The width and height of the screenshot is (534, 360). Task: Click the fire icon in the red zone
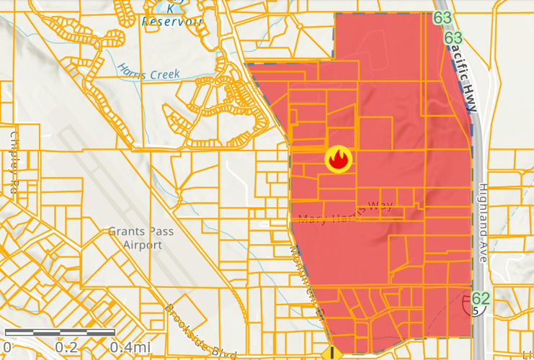[338, 159]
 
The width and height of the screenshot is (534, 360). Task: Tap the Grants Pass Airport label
[134, 238]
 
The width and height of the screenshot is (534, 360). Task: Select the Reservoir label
[172, 22]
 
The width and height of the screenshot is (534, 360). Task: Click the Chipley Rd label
[14, 163]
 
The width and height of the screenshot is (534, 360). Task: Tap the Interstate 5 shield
[476, 310]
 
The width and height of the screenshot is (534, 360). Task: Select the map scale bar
[59, 333]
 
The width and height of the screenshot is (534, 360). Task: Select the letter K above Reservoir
[172, 9]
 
